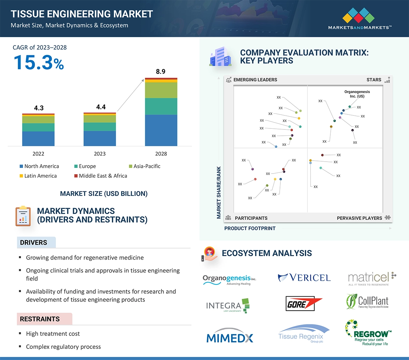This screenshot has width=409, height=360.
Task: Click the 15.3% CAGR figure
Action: point(38,63)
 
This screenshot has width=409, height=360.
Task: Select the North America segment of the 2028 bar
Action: point(161,130)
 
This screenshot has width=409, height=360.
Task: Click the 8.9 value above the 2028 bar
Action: point(160,72)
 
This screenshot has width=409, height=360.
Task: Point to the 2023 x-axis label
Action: point(100,154)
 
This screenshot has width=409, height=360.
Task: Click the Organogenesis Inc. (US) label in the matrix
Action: point(357,94)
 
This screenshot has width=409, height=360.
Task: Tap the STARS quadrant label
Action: point(374,80)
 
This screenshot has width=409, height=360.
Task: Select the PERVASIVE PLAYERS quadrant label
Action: point(359,218)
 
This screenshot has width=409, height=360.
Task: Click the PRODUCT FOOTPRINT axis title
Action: point(250,228)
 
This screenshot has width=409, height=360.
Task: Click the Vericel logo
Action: point(304,278)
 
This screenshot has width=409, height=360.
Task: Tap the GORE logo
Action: point(304,304)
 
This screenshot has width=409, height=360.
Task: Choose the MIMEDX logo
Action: point(230,338)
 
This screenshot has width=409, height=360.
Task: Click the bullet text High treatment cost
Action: point(53,334)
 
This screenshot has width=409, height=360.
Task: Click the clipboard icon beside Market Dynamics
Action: point(23,216)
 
